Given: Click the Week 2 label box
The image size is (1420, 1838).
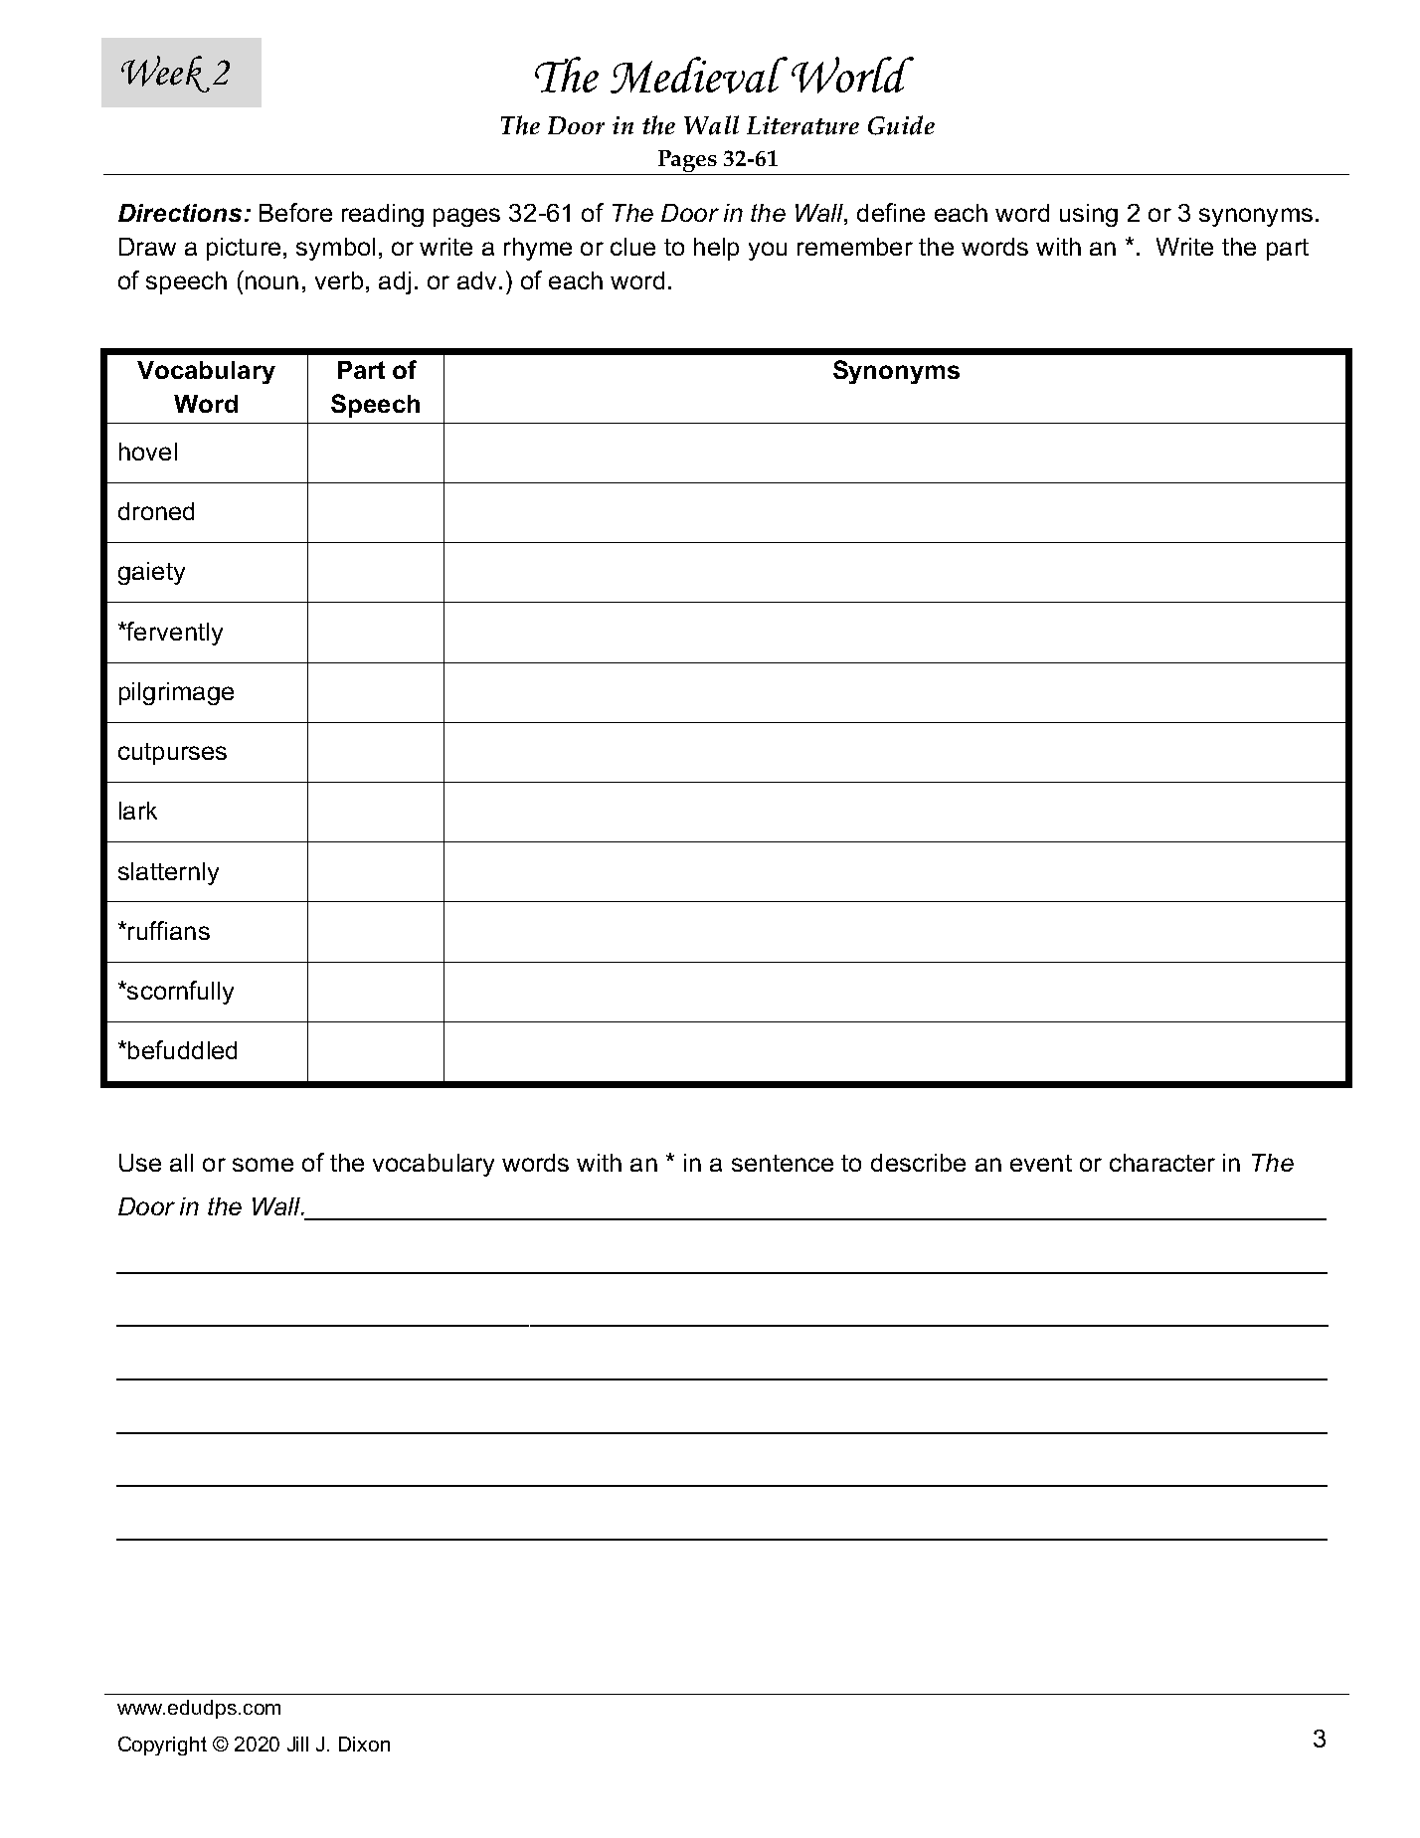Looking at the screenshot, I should [181, 73].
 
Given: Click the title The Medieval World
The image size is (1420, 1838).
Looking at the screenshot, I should [720, 78].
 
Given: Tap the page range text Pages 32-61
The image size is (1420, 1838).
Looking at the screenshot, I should [717, 159].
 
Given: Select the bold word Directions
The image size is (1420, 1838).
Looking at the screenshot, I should [183, 214].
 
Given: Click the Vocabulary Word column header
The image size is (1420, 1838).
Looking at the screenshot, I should [206, 387].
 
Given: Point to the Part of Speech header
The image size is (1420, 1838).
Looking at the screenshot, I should [375, 387].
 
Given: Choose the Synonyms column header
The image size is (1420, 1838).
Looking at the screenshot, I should [895, 371].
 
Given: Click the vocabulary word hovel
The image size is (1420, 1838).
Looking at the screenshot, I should [148, 453].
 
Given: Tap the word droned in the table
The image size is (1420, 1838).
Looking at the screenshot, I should [156, 512].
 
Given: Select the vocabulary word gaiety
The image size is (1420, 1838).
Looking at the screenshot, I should [151, 572].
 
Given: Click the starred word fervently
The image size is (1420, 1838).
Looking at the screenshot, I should [170, 633].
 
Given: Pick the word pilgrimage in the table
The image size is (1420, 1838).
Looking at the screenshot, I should [176, 692].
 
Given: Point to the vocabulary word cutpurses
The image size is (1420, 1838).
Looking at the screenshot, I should [172, 752].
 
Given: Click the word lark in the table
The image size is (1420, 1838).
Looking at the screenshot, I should [137, 812].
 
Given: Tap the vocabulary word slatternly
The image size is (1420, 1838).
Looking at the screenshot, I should [168, 872].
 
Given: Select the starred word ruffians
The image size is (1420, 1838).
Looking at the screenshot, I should [164, 932].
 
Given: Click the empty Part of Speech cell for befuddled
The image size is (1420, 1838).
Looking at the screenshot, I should [375, 1051].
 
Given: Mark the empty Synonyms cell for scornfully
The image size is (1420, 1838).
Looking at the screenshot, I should [895, 992].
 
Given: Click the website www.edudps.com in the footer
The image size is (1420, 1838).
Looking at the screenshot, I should [199, 1709].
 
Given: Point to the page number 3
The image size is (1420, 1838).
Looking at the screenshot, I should [1319, 1740].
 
